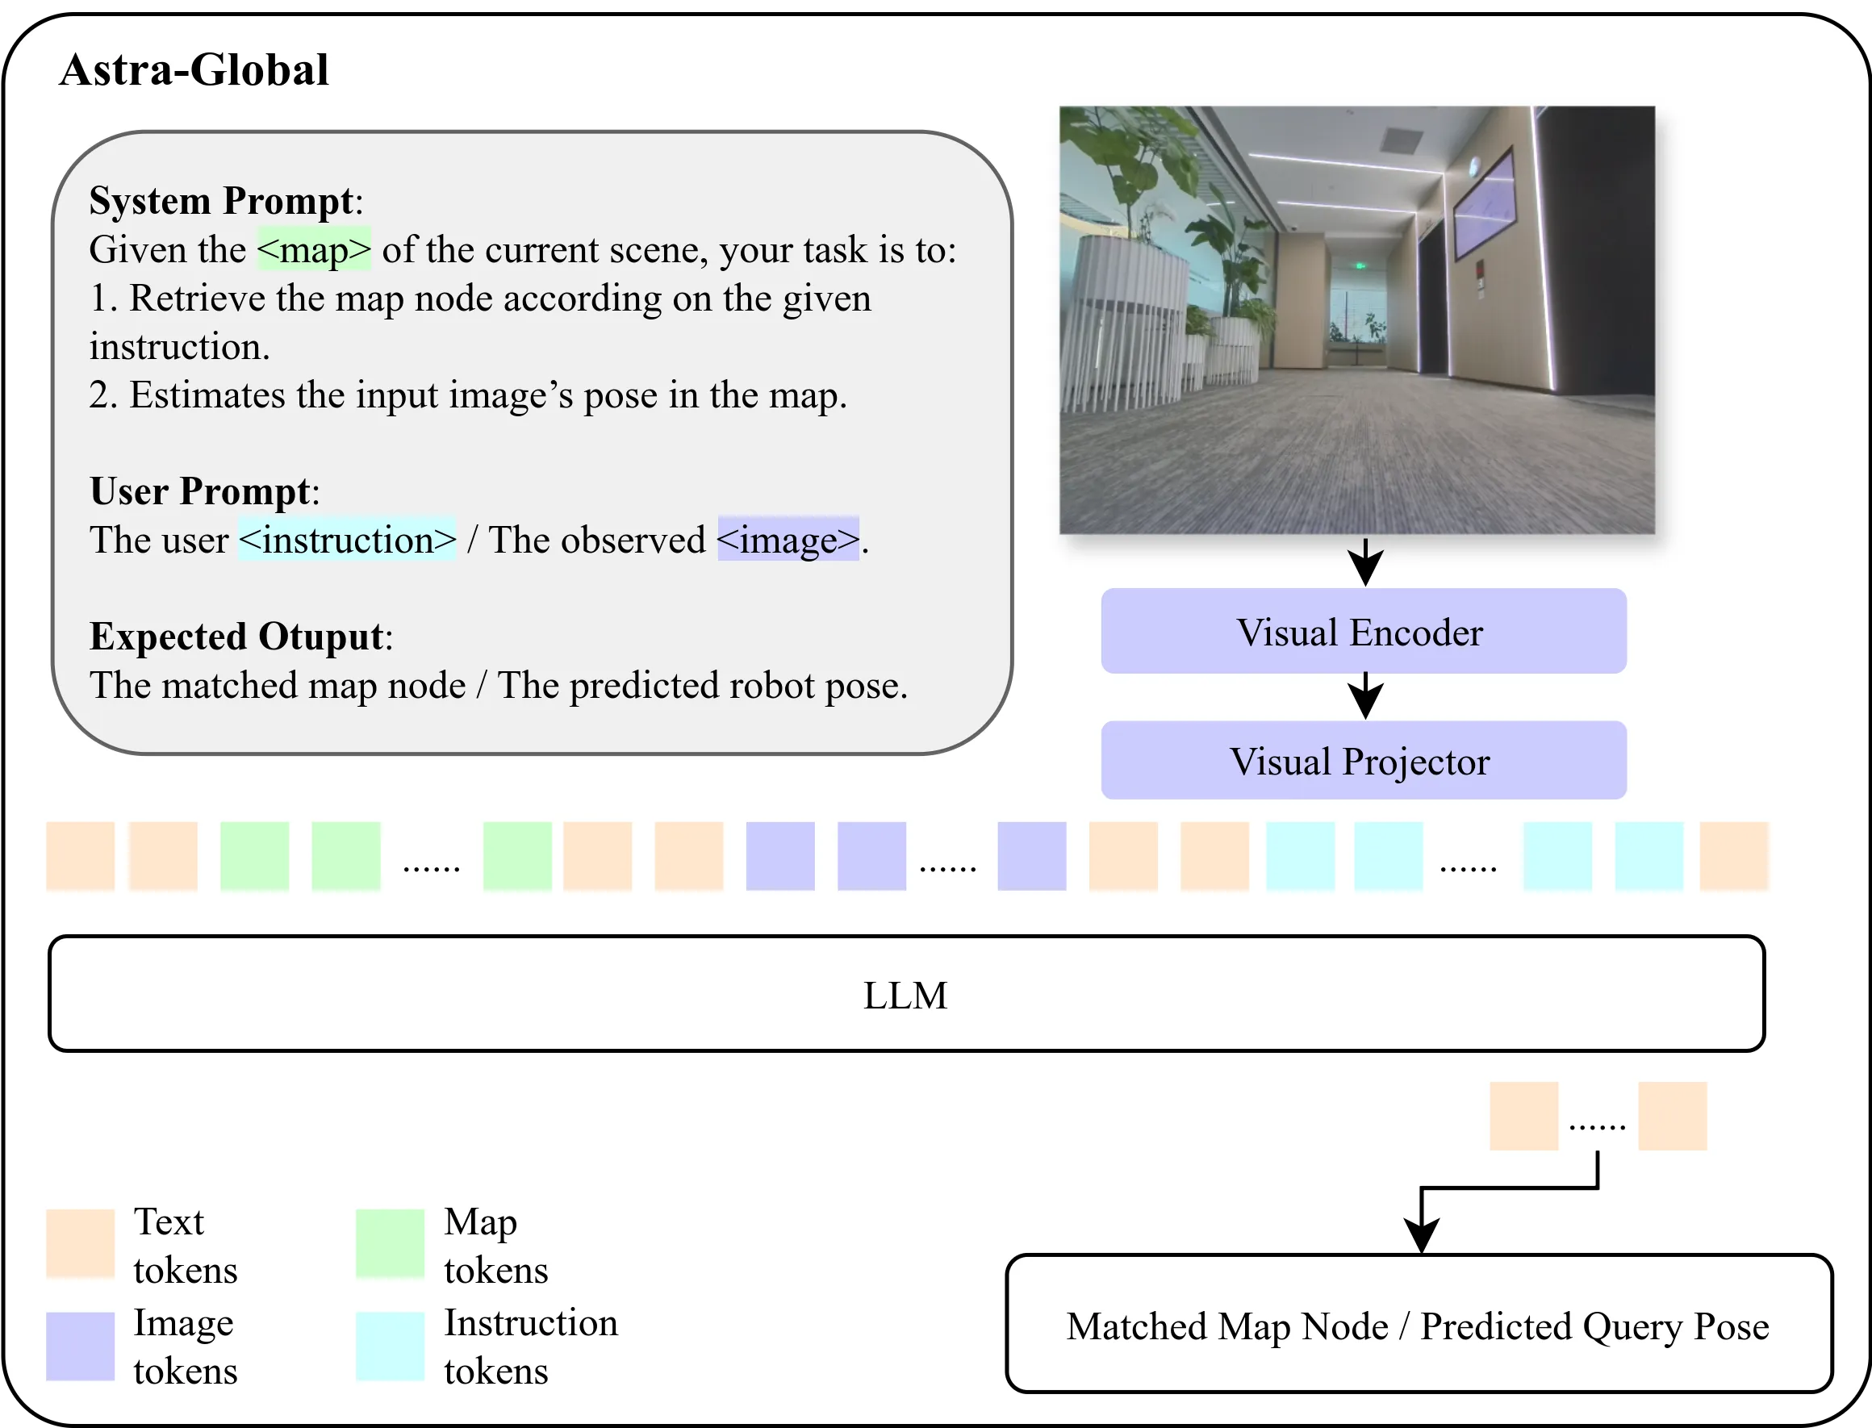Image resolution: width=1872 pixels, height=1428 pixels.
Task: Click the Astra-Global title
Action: coord(194,69)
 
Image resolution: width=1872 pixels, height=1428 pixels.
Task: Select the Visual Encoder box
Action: coord(1364,632)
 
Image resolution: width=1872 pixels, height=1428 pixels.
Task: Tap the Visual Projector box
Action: coord(1364,761)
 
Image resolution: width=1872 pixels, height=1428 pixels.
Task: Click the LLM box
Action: coord(906,994)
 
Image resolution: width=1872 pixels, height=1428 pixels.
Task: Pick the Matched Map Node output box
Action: coord(1419,1324)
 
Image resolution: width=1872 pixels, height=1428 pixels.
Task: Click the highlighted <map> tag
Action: coord(315,250)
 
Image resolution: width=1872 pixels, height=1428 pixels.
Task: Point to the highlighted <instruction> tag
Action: coord(348,540)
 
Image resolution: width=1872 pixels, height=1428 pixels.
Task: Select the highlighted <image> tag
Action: coord(788,540)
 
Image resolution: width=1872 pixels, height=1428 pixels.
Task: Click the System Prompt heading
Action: coord(221,202)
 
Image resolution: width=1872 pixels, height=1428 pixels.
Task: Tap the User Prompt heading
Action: coord(201,491)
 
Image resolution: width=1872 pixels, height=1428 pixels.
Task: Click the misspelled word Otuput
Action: coord(321,637)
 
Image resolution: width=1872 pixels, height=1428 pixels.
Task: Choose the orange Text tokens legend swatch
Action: coord(81,1243)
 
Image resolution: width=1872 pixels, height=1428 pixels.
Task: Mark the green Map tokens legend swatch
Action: coord(391,1243)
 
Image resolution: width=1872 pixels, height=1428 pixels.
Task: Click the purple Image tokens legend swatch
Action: coord(81,1347)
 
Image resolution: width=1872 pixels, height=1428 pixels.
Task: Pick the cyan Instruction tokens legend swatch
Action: coord(391,1347)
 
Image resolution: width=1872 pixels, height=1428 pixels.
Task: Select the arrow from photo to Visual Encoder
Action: coord(1365,562)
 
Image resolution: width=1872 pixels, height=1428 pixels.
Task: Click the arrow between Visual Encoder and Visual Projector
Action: coord(1365,696)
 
